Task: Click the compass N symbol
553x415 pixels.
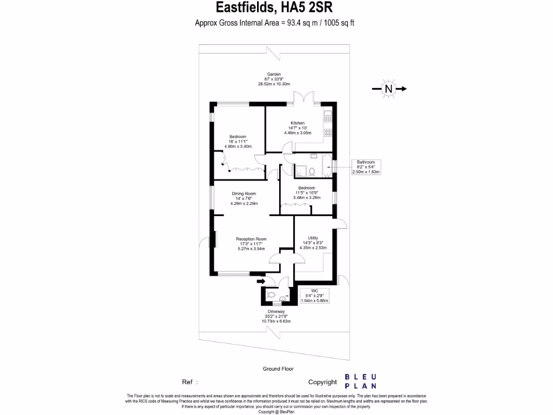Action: tap(388, 89)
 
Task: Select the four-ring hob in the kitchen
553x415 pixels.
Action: tap(327, 132)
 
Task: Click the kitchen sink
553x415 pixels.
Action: tap(327, 116)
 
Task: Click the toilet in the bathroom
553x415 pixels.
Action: tap(312, 171)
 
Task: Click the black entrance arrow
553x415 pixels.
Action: tap(261, 281)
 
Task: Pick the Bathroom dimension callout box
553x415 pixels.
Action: tap(366, 167)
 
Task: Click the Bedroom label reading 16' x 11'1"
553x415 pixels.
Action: tap(238, 142)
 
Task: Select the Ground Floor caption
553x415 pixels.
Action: tap(278, 369)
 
